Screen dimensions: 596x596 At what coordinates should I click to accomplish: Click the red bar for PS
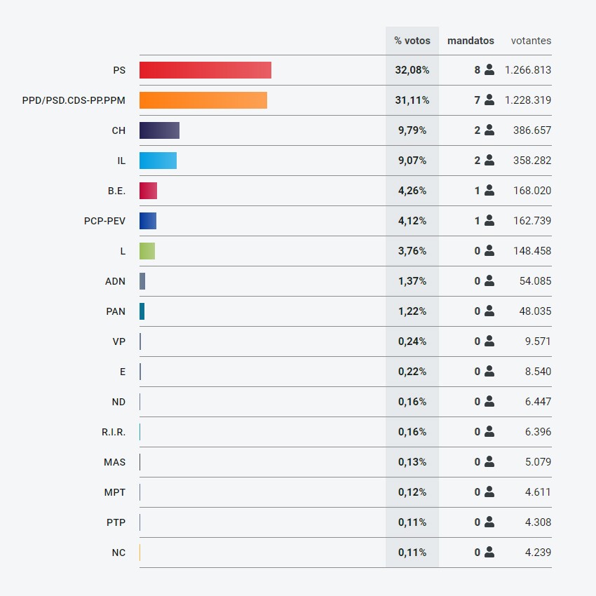coord(205,70)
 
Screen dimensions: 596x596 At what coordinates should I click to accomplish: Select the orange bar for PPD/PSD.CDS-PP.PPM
coord(203,100)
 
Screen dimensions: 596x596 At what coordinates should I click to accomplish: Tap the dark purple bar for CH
coord(159,130)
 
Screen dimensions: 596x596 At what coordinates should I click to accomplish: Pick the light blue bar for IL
coord(158,161)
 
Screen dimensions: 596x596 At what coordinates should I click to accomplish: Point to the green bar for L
coord(147,251)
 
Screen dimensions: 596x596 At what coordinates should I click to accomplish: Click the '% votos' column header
coord(412,41)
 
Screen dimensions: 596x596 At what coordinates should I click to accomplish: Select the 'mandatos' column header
coord(470,41)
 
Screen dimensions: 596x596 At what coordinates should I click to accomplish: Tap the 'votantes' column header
coord(531,41)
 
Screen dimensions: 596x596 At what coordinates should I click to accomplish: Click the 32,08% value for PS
coord(412,70)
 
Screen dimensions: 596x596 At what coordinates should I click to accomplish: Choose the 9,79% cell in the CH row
coord(412,130)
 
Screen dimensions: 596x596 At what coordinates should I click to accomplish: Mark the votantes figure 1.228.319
coord(528,100)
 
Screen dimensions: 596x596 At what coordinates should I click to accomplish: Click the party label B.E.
coord(116,191)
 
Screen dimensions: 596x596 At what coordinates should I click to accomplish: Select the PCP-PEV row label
coord(104,221)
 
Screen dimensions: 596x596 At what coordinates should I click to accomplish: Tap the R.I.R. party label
coord(114,432)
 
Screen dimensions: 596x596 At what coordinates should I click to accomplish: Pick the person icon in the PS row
coord(489,70)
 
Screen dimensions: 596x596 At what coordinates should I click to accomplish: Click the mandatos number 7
coord(477,100)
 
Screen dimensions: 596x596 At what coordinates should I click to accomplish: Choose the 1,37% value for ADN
coord(412,281)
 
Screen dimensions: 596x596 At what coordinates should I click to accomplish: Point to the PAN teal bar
coord(142,311)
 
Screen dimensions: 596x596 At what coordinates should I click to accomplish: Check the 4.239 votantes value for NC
coord(538,553)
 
